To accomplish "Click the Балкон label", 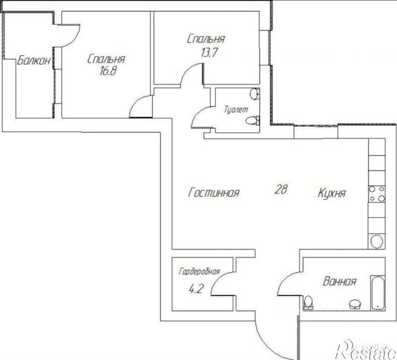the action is [34, 61].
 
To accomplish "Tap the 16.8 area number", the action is [108, 71].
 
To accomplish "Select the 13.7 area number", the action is [209, 53].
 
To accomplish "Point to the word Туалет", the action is [236, 110].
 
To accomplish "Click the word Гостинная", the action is [214, 192].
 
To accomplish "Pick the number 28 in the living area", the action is [281, 189].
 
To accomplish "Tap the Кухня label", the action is [332, 193].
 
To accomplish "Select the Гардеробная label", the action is [199, 272].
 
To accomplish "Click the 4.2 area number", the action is [196, 289].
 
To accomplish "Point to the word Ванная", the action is [340, 282].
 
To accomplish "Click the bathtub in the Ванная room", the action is [378, 293].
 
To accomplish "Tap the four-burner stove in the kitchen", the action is [377, 194].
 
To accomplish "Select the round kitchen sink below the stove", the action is [377, 241].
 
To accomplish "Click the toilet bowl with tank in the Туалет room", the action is [252, 120].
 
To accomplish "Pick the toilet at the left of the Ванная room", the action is [309, 302].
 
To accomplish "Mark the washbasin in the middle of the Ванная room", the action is [355, 304].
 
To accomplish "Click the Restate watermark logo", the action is [365, 350].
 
